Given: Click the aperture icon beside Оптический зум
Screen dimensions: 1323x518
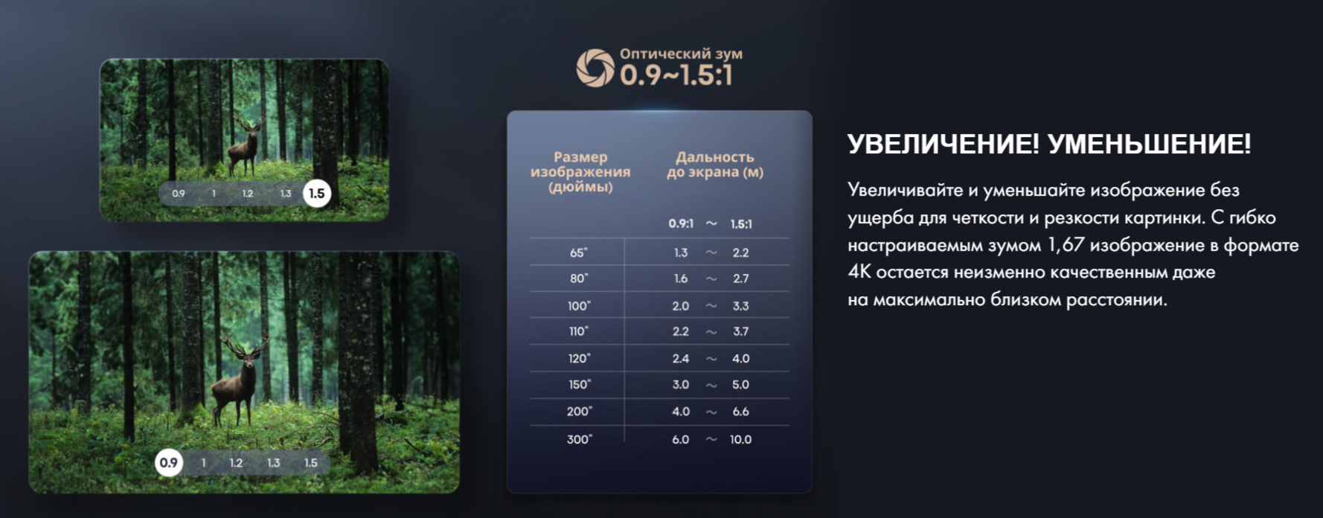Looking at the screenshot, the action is click(595, 68).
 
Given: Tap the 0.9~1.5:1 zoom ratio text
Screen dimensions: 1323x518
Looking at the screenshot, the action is click(676, 75).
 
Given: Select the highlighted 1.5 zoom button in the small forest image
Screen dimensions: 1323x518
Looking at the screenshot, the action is click(317, 194).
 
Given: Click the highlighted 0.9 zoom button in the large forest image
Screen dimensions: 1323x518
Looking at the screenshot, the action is click(169, 463).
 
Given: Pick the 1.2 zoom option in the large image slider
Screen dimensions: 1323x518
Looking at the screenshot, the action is click(236, 463).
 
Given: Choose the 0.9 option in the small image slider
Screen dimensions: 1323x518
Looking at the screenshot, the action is click(179, 194).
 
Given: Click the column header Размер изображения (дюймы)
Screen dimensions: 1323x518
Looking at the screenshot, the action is click(580, 172).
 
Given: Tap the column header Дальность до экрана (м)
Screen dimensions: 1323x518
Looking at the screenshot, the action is click(715, 164).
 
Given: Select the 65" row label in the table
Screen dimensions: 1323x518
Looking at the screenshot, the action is click(578, 253).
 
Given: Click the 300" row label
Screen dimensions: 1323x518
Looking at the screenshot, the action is click(580, 440).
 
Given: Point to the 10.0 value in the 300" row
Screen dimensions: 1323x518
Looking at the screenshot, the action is click(740, 440).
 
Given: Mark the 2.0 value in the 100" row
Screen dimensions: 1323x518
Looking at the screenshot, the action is click(681, 306).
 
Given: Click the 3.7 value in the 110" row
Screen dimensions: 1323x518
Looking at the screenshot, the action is click(740, 332).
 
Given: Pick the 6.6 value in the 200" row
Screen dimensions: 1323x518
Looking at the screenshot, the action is click(740, 412).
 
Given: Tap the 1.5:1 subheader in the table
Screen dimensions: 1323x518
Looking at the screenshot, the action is click(741, 224).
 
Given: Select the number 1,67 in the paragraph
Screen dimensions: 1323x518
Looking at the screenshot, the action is click(1066, 245).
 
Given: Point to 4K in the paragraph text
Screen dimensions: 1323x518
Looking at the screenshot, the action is click(859, 272).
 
